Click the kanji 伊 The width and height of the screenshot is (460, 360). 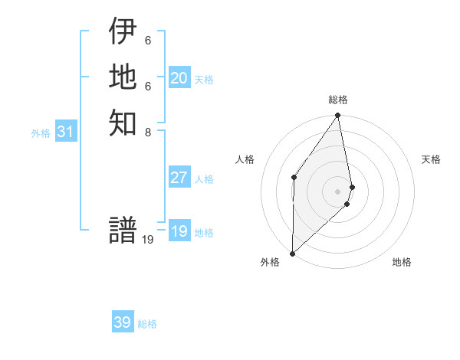coord(123,31)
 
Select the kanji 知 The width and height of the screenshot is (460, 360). coord(123,122)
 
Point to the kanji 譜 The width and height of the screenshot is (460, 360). coord(123,231)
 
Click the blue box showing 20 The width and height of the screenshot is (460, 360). coord(179,78)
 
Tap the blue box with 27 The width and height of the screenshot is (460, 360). coord(179,178)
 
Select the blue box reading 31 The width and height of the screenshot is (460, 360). coord(66,132)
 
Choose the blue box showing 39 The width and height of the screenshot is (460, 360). coord(122,322)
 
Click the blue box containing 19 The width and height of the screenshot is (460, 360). coord(179,231)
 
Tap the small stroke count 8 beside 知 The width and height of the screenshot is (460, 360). coord(148,131)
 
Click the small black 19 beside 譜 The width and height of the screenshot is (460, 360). coord(148,240)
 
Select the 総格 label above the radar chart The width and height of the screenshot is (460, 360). coord(338,100)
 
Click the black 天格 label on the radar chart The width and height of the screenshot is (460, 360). coord(431,159)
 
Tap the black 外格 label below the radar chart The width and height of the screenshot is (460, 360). coord(270,262)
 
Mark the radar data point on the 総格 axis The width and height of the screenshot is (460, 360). coord(338,116)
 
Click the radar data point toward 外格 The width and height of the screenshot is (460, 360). coord(292,253)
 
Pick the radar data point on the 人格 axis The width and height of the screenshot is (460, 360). coord(294,177)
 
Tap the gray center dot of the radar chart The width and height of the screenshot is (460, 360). coord(338,191)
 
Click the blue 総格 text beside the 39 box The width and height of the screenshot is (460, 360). coord(147,324)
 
